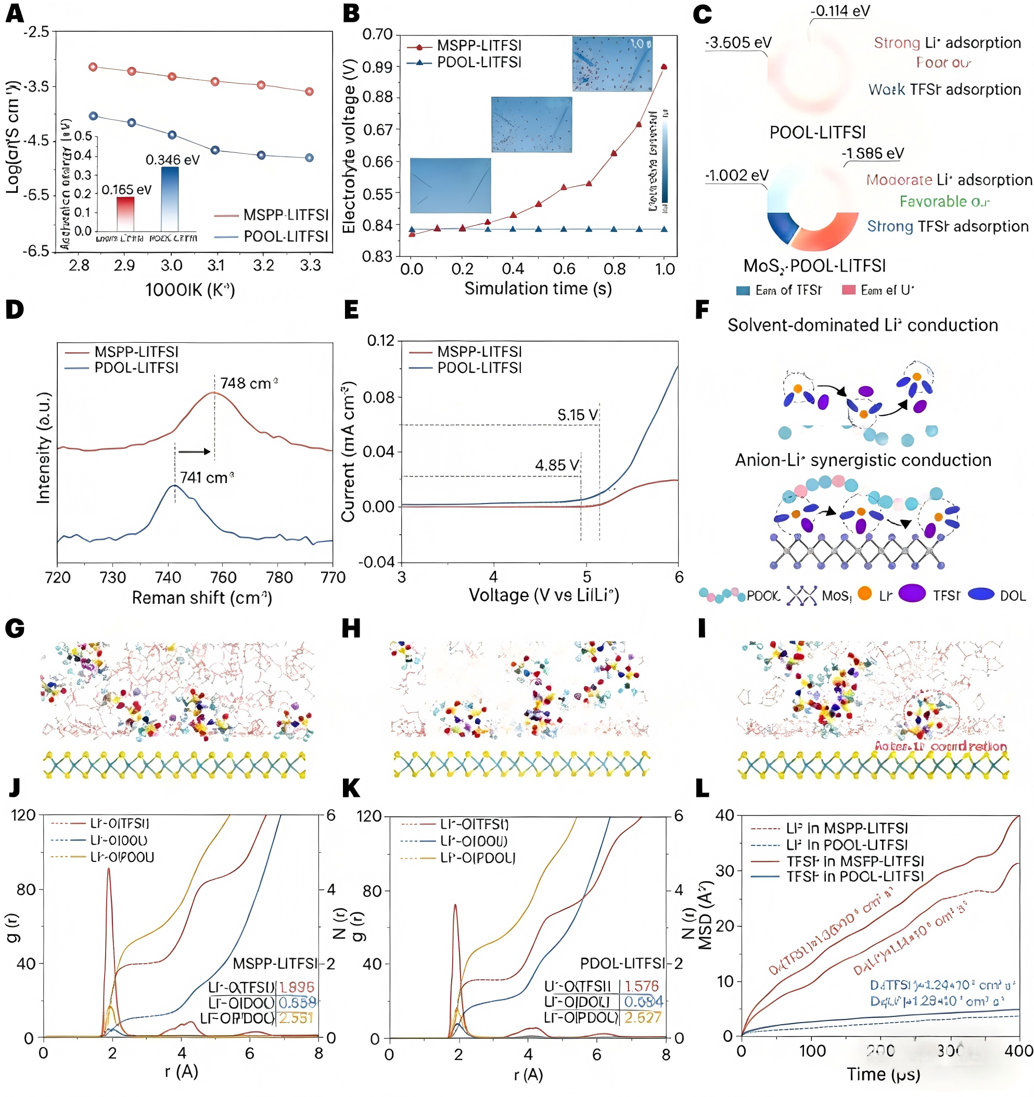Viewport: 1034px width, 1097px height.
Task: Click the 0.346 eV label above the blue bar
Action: [172, 160]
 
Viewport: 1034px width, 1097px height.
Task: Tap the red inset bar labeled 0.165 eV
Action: [125, 213]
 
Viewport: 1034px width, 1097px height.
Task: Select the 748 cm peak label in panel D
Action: [248, 383]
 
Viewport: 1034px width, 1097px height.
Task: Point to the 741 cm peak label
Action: [207, 477]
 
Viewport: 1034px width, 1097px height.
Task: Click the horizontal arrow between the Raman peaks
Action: [194, 452]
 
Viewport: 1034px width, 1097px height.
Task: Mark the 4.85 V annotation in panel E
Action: [556, 465]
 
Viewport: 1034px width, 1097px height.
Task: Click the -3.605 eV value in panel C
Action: [738, 43]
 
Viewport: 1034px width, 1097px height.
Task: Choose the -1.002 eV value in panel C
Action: [736, 175]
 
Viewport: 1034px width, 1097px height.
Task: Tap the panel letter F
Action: [701, 310]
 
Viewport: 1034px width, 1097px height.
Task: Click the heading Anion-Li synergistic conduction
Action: [862, 460]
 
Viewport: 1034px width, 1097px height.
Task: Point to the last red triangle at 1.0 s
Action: [663, 67]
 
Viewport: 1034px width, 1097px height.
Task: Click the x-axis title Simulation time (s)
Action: [538, 289]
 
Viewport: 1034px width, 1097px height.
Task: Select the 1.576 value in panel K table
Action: [642, 986]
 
